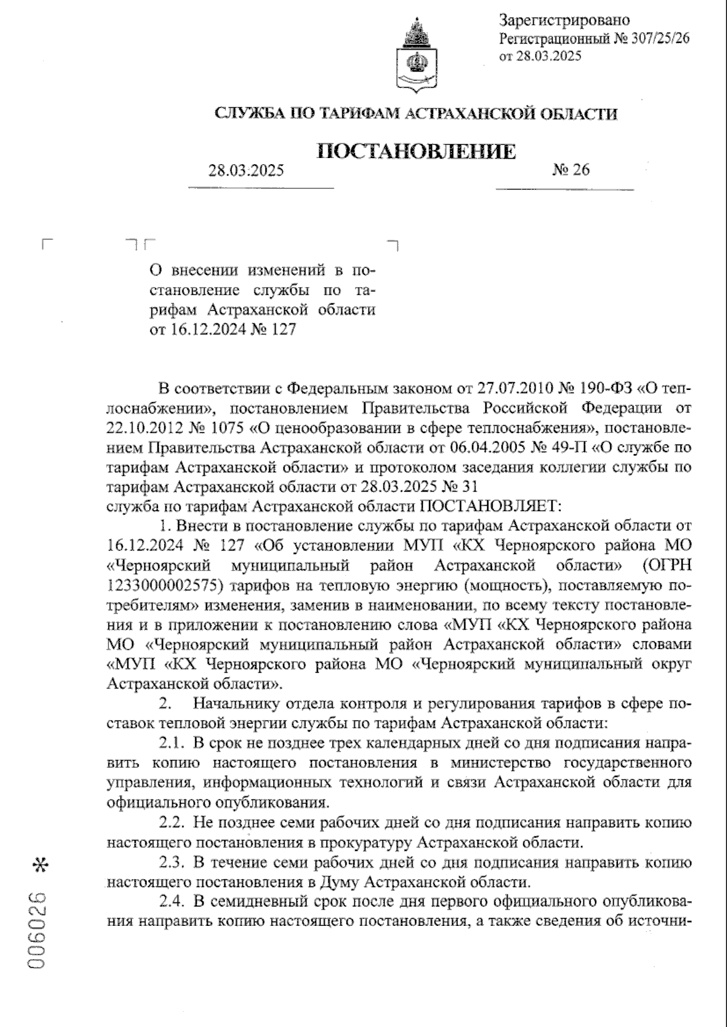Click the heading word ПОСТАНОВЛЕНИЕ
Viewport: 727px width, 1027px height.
click(417, 151)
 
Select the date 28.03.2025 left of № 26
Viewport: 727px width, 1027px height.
click(246, 171)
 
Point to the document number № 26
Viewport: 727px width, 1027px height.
click(570, 170)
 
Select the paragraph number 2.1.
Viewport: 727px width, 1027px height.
click(171, 742)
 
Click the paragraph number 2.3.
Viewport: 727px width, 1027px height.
click(171, 862)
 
